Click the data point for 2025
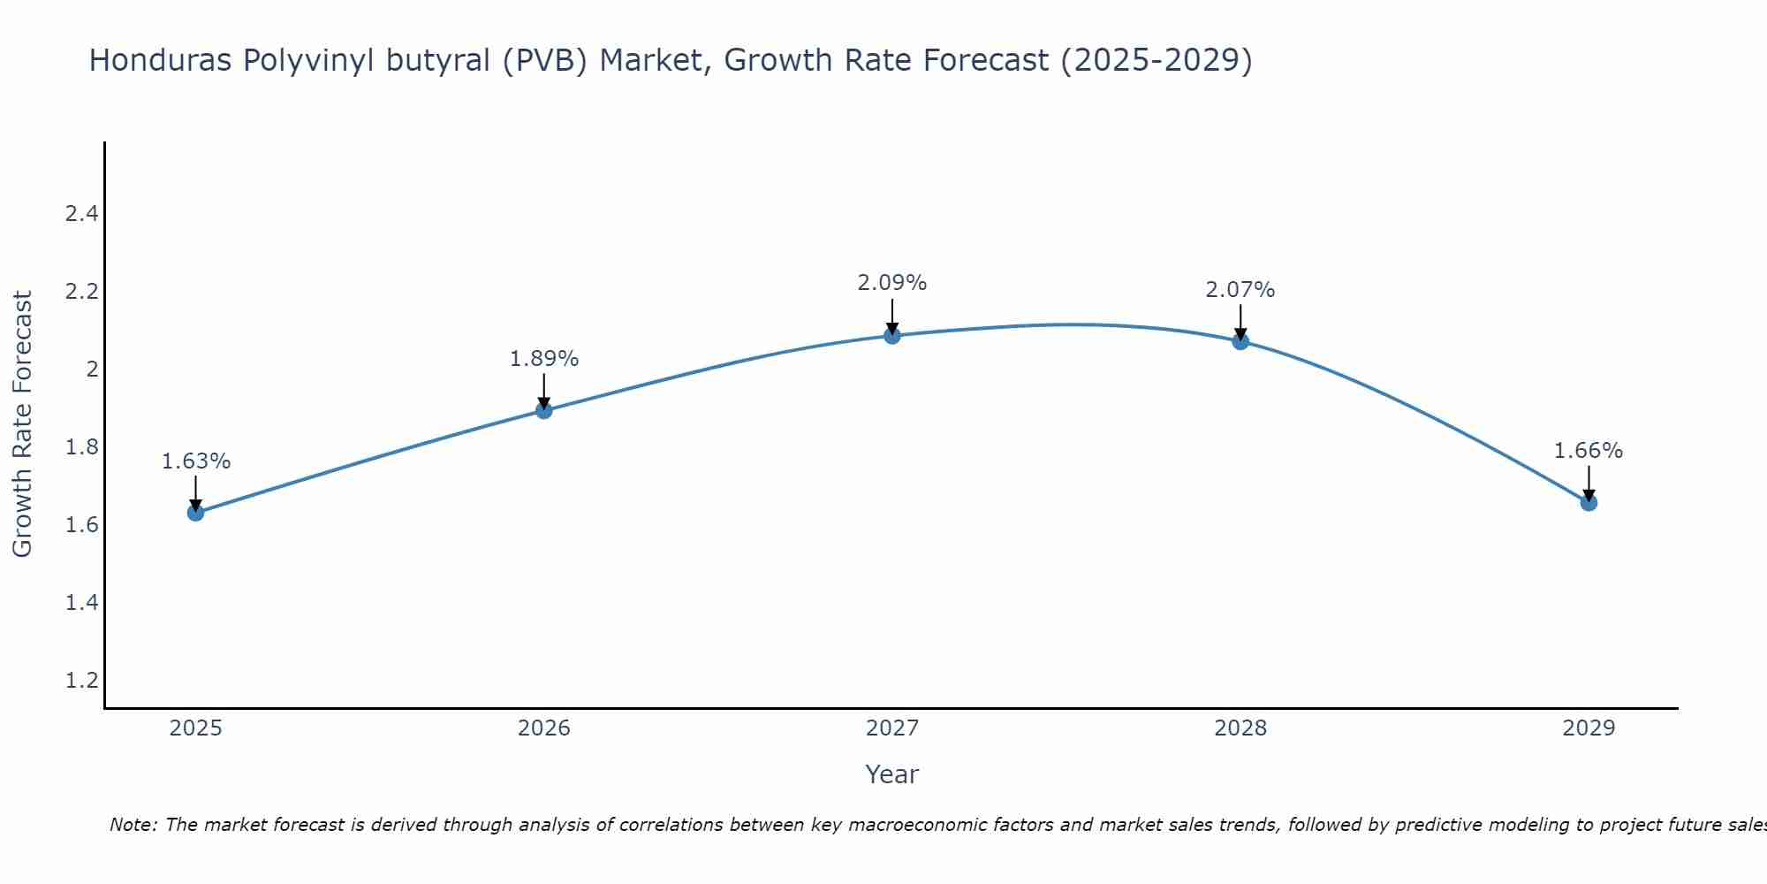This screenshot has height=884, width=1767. point(196,513)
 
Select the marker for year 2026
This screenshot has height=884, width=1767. point(544,410)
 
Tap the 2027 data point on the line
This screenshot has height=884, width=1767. point(892,335)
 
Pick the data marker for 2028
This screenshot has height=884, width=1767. point(1240,341)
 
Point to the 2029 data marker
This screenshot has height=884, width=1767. point(1589,503)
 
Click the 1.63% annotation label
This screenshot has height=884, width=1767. point(196,461)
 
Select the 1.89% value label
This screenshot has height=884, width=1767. point(544,359)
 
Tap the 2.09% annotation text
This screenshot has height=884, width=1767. point(892,283)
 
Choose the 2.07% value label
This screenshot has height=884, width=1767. point(1240,290)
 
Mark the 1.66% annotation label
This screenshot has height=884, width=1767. point(1589,451)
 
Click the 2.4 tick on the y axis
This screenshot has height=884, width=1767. point(82,214)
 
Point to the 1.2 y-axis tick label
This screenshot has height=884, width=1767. point(82,681)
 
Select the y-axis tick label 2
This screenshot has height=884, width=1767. point(92,370)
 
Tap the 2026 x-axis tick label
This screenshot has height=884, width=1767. point(544,728)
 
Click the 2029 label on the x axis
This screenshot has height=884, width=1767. point(1589,728)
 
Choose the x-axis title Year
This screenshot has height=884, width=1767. point(892,774)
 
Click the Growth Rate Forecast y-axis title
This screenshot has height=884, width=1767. point(22,424)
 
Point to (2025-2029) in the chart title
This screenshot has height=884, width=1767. point(1156,60)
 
